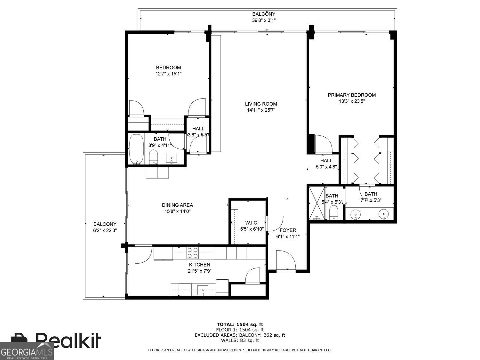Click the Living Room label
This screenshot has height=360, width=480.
[261, 104]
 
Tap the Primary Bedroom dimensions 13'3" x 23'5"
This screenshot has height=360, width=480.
[352, 101]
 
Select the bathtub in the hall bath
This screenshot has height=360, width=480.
[137, 149]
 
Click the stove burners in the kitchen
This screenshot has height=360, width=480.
[193, 252]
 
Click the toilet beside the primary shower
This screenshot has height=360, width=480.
[334, 212]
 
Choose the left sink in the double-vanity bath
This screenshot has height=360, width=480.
[355, 213]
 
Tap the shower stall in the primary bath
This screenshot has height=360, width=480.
[316, 203]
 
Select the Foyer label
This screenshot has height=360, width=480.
[288, 230]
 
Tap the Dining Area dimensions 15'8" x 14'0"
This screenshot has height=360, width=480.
[177, 211]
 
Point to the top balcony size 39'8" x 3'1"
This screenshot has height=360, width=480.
[264, 20]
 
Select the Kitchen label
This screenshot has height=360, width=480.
[199, 265]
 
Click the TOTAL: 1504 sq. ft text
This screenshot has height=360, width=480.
[240, 324]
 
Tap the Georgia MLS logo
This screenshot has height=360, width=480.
[27, 351]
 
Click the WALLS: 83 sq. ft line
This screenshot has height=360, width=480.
[240, 340]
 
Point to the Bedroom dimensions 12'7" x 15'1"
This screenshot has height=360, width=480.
[168, 74]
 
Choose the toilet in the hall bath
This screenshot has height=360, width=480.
[154, 157]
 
